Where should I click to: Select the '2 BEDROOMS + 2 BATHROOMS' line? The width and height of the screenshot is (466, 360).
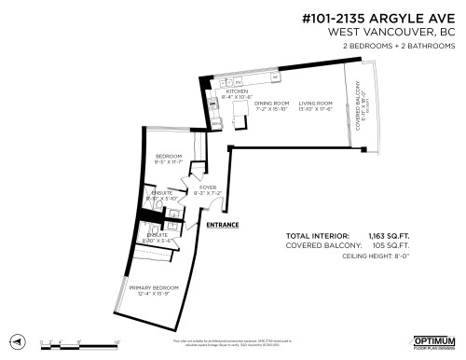click(396, 46)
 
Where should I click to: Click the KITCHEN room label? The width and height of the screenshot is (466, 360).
click(237, 91)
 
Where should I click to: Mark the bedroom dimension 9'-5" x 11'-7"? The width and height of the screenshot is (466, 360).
click(169, 162)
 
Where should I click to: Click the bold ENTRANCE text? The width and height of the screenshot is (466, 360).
click(223, 225)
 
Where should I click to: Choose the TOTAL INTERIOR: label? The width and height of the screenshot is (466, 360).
click(317, 236)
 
